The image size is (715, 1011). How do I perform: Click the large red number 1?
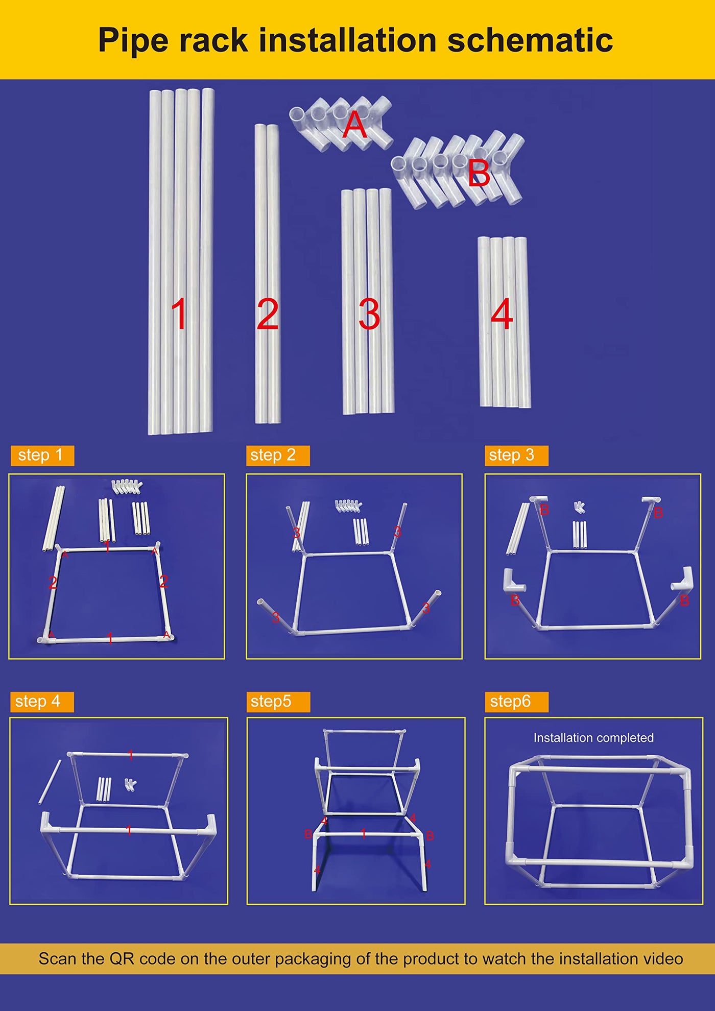(x=179, y=314)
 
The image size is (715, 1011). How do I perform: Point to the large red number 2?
(x=268, y=314)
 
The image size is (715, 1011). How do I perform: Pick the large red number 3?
(x=369, y=314)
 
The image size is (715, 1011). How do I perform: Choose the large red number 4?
(x=502, y=314)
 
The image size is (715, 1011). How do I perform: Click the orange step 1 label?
(x=42, y=455)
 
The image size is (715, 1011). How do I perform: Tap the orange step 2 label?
(x=278, y=455)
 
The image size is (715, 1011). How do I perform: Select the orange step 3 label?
(x=516, y=455)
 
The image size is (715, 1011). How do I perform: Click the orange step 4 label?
(x=42, y=702)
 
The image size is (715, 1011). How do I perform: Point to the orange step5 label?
(x=278, y=702)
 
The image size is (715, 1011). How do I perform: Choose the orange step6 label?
(x=516, y=702)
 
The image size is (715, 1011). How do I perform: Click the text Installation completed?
(x=593, y=738)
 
